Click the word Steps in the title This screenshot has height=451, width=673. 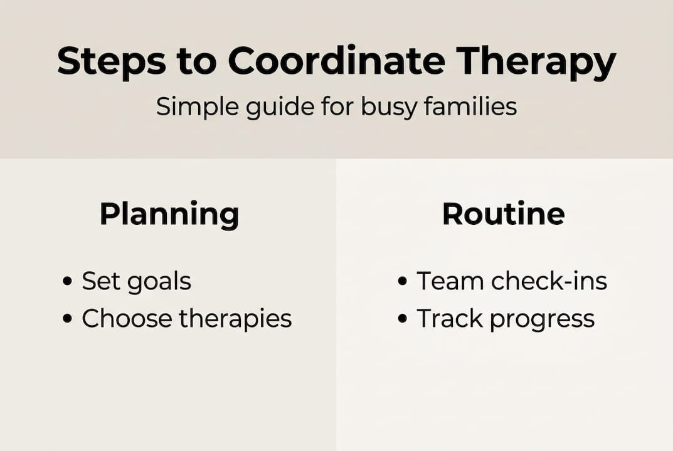click(111, 61)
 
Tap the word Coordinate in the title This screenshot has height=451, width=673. click(337, 61)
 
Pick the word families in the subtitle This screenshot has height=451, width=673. click(470, 106)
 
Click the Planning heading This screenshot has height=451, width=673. click(169, 215)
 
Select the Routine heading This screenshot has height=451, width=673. click(503, 214)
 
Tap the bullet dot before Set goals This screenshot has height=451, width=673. click(68, 282)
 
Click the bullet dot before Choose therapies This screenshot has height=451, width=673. click(68, 319)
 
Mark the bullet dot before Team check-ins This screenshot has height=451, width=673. click(403, 282)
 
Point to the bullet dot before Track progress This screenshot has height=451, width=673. click(403, 319)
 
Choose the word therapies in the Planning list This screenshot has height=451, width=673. click(235, 319)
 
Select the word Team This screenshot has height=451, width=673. click(450, 281)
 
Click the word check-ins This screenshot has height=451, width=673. click(549, 281)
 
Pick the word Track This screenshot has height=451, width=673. click(450, 318)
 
